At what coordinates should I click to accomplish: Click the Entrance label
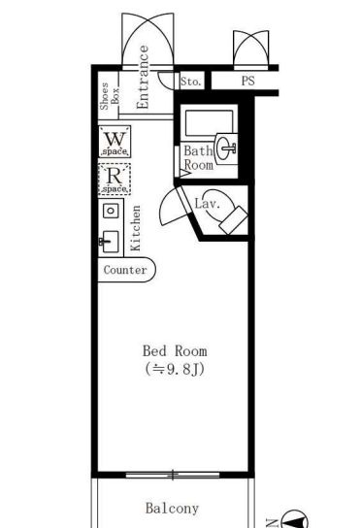tap(143, 77)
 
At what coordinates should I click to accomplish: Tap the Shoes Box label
tap(110, 96)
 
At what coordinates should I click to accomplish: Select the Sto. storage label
tap(191, 82)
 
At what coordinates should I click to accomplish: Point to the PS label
tap(247, 82)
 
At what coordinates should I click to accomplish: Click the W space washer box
tap(115, 142)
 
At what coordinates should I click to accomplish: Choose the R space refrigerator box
tap(115, 180)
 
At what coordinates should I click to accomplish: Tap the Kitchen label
tap(136, 228)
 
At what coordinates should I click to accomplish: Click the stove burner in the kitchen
tap(111, 211)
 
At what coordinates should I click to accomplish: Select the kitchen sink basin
tap(110, 242)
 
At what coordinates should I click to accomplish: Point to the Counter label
tap(125, 270)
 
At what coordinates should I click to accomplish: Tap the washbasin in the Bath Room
tap(226, 148)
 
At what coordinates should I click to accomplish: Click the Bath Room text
tap(198, 158)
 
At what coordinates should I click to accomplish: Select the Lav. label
tap(208, 204)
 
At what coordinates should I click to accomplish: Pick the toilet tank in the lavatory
tap(233, 220)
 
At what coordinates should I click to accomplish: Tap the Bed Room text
tap(175, 351)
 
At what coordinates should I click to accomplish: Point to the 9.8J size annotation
tap(175, 370)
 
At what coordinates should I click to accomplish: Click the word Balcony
tap(172, 509)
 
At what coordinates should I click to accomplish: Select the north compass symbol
tap(294, 519)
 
